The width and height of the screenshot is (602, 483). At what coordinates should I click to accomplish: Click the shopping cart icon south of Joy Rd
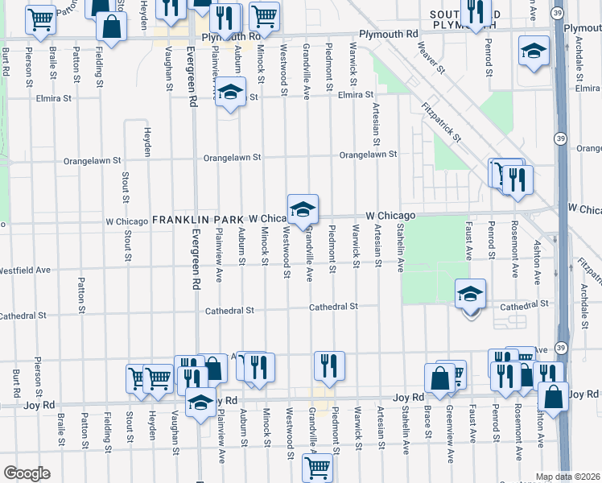[318, 466]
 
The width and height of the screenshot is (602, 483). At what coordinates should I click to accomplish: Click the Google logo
[27, 473]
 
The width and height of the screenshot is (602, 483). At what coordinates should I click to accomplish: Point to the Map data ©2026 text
[568, 477]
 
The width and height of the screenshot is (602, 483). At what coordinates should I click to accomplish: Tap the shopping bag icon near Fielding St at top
[111, 27]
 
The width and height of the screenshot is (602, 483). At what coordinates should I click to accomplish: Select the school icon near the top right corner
[533, 51]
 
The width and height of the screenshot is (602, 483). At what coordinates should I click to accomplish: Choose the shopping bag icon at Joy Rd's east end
[554, 397]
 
